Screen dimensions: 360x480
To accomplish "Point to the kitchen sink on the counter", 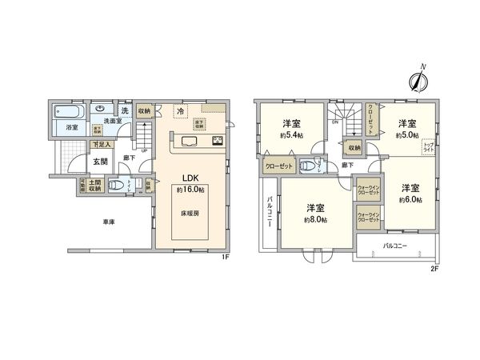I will pyautogui.click(x=190, y=142).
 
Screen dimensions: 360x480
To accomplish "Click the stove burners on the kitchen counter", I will pyautogui.click(x=216, y=142).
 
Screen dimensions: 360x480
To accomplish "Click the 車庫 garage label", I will pyautogui.click(x=106, y=221).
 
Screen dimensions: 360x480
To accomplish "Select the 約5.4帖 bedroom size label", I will pyautogui.click(x=291, y=135).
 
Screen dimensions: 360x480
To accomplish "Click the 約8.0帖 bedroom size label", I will pyautogui.click(x=314, y=219).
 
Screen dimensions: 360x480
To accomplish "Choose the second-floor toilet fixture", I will pyautogui.click(x=309, y=166).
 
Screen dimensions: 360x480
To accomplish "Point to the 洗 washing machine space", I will pyautogui.click(x=124, y=110).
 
